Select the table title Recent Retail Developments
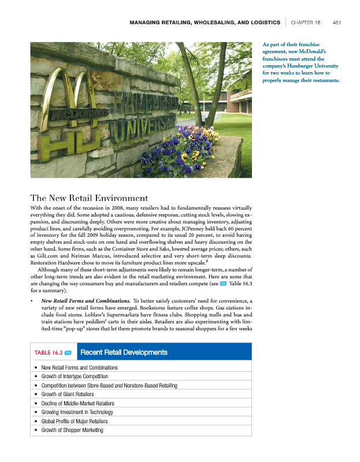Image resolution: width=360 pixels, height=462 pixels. (x=124, y=352)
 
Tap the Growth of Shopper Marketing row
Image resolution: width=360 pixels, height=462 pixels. (x=72, y=430)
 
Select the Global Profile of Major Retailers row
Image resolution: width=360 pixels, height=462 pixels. (x=75, y=422)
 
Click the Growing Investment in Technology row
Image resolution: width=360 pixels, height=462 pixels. (x=77, y=412)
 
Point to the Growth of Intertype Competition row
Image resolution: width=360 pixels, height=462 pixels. (x=75, y=377)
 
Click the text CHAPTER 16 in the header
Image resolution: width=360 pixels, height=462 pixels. (x=306, y=23)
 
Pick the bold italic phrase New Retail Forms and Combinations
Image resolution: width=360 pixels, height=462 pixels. (x=85, y=301)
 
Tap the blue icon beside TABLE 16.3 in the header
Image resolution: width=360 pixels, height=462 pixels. (x=68, y=352)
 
